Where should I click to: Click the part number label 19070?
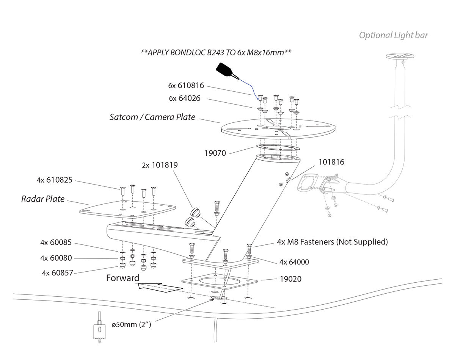tap(215, 153)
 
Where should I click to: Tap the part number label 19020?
tap(290, 279)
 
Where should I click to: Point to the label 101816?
tap(331, 162)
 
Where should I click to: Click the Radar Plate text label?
tap(42, 199)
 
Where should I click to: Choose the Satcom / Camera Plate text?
tap(152, 117)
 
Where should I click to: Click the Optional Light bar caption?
tap(393, 36)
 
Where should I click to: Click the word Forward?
tap(122, 278)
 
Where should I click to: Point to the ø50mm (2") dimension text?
tap(131, 325)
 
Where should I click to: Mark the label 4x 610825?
tap(54, 180)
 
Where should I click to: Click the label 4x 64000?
tap(294, 262)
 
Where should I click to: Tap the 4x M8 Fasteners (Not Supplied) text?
tap(332, 242)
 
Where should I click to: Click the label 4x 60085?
tap(56, 243)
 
